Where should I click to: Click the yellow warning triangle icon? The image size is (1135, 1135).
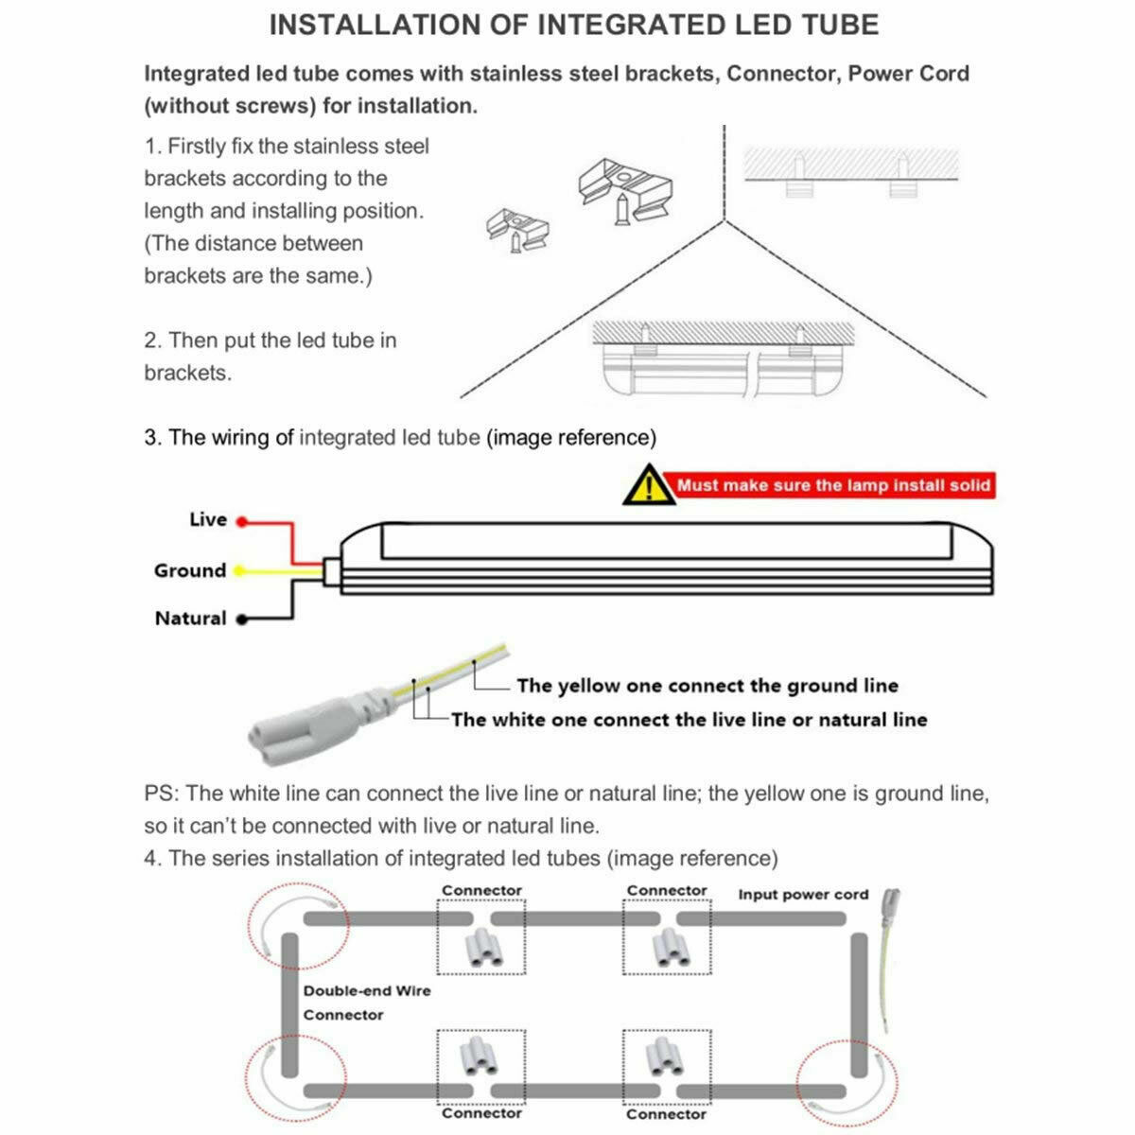(x=648, y=485)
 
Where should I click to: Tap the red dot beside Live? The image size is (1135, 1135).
(x=241, y=521)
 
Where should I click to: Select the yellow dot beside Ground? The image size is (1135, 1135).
(x=239, y=570)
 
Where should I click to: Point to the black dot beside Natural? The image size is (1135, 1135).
(x=241, y=620)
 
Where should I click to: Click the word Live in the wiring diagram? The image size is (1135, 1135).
(x=208, y=519)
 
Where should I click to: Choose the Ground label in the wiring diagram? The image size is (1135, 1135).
(x=190, y=570)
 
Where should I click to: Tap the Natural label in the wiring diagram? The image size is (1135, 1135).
(x=191, y=619)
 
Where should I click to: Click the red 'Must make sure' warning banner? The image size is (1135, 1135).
(x=833, y=485)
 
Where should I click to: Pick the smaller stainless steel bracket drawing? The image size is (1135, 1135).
(x=516, y=230)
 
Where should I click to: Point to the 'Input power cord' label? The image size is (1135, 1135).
(x=803, y=894)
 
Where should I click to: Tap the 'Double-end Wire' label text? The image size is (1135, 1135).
(x=367, y=991)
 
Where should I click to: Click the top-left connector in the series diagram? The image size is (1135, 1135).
(x=482, y=946)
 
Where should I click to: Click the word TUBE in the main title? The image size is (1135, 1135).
(x=829, y=26)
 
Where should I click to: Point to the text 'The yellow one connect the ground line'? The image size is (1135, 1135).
(x=707, y=686)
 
